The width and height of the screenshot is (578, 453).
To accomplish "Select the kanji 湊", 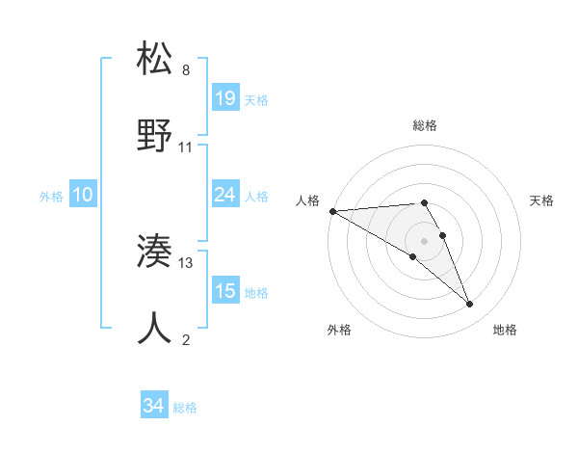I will [x=155, y=253].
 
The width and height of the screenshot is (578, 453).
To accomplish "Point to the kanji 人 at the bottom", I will [x=155, y=329].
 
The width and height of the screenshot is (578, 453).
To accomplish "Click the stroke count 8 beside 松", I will [x=186, y=70].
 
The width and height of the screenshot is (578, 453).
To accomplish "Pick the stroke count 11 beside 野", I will [x=186, y=147].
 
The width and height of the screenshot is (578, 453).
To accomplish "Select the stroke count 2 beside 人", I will [x=186, y=340].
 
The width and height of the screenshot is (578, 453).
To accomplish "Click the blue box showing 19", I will [x=225, y=97].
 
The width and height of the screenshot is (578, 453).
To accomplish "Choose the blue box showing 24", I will [x=225, y=195].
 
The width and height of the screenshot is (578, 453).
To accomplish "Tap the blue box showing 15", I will [x=225, y=290].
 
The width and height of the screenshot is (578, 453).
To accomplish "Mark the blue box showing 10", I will [x=83, y=195].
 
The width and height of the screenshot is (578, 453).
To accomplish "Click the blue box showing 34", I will [x=154, y=406].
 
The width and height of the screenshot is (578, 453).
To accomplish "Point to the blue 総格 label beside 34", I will [x=185, y=408].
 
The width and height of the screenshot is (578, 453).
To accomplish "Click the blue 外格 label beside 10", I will [x=51, y=196].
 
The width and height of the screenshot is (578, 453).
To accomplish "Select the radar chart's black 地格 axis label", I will [x=505, y=330].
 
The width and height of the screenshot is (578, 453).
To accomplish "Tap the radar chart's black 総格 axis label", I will [x=424, y=125].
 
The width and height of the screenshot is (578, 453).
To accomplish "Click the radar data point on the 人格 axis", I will [x=332, y=211].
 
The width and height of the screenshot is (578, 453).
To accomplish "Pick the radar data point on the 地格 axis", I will [x=470, y=305].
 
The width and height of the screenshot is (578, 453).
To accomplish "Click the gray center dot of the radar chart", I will [x=424, y=240].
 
